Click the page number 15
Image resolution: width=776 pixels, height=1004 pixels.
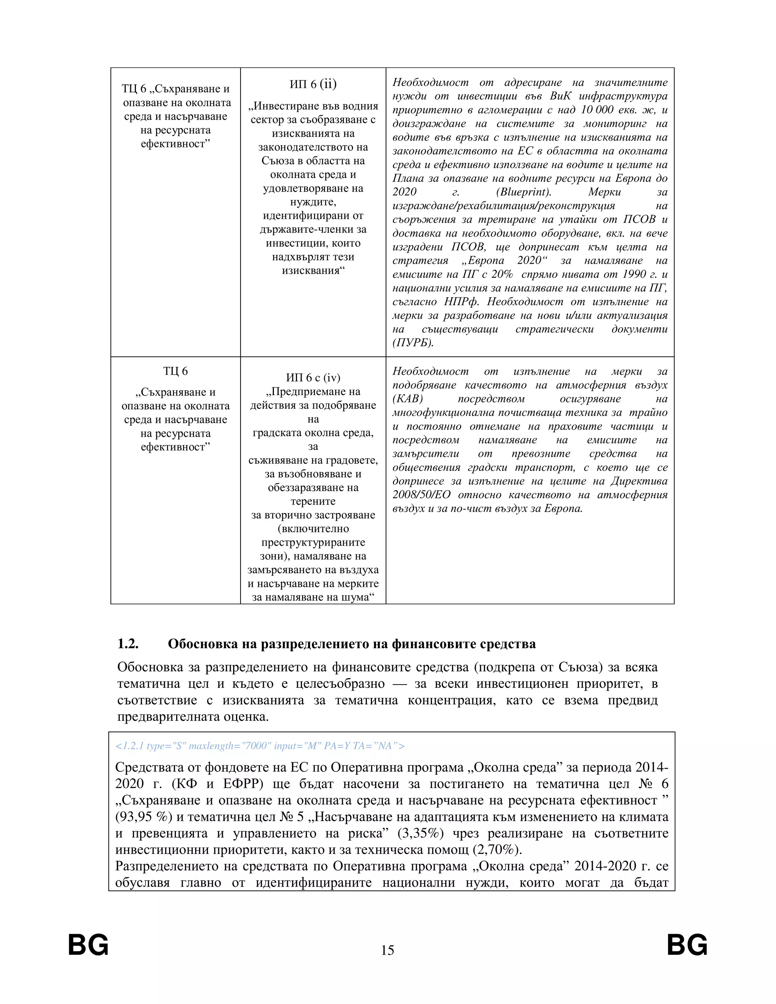click(x=388, y=950)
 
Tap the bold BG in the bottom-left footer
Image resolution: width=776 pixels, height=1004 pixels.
click(x=88, y=946)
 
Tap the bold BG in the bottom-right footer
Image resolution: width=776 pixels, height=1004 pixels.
click(x=687, y=946)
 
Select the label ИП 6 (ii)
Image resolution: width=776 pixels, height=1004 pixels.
click(x=313, y=84)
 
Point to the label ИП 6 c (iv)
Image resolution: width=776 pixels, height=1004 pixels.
click(x=313, y=377)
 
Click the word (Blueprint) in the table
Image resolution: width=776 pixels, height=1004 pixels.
click(x=524, y=192)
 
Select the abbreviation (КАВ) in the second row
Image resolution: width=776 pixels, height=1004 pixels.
click(x=407, y=399)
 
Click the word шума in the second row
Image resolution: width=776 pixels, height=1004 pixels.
click(x=355, y=597)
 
